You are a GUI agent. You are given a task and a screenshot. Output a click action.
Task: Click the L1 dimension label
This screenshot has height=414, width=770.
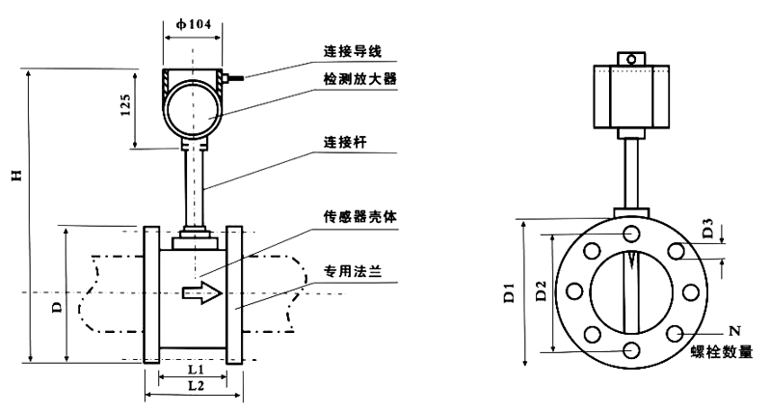193,369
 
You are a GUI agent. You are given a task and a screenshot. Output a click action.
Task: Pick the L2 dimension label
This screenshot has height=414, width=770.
193,385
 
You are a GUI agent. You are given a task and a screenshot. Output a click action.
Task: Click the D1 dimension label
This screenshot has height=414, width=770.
508,293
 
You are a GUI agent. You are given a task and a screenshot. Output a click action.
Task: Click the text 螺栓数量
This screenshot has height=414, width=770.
721,351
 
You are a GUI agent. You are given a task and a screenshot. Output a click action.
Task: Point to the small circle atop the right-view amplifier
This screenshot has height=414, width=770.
631,60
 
